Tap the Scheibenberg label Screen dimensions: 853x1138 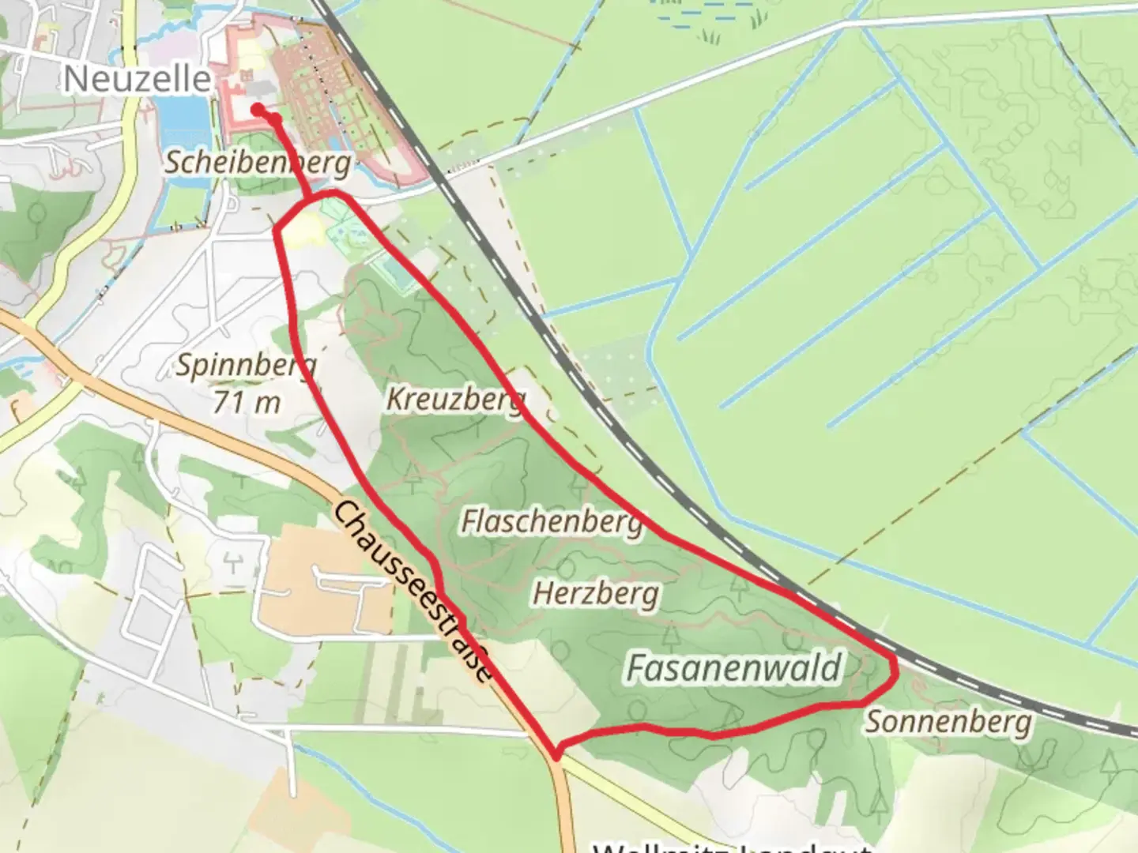coord(258,163)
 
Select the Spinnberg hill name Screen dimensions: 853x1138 coord(246,365)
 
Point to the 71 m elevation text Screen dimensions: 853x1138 coord(246,402)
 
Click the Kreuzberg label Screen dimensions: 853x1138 coord(455,399)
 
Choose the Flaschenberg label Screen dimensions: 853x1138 coord(552,521)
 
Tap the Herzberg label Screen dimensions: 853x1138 coord(596,592)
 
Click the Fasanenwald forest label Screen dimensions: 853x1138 coord(733,667)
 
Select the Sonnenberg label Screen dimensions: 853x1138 coord(948,722)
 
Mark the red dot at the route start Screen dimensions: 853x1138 coord(258,110)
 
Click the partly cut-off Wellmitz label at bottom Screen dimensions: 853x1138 coord(731,847)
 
